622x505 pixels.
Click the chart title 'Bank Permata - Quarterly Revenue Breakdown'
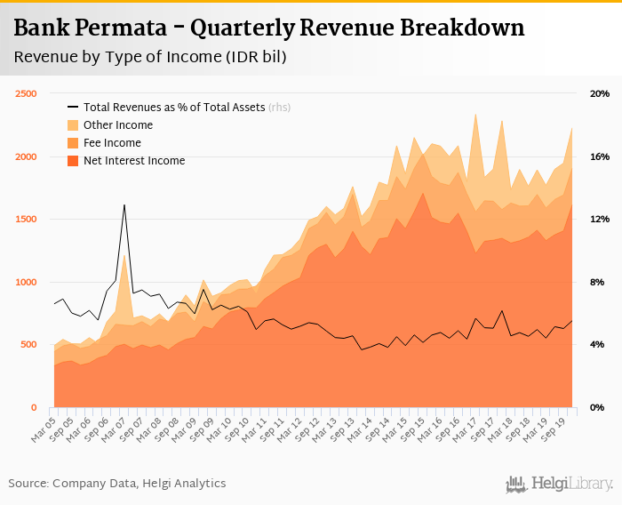pyautogui.click(x=269, y=28)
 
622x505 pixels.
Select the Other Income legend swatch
pyautogui.click(x=74, y=125)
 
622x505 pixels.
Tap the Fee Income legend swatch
pyautogui.click(x=74, y=143)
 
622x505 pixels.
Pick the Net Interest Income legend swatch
pyautogui.click(x=74, y=161)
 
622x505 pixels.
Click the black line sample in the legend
pyautogui.click(x=74, y=108)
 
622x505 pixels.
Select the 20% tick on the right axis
pyautogui.click(x=600, y=94)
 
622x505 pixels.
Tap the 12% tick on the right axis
pyautogui.click(x=600, y=220)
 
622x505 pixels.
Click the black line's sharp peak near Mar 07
pyautogui.click(x=124, y=205)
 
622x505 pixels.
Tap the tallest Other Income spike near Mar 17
pyautogui.click(x=476, y=115)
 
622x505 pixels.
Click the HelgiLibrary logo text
pyautogui.click(x=572, y=484)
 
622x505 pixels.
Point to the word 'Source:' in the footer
pyautogui.click(x=28, y=484)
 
